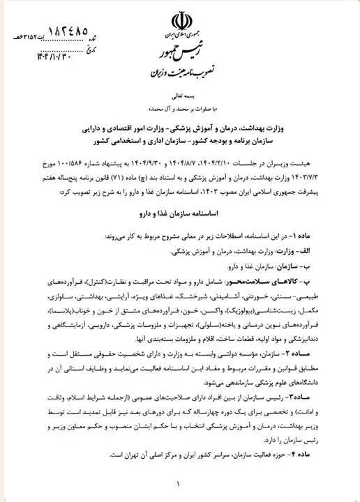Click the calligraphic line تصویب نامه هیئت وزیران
(x=180, y=72)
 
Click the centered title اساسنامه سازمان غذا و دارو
(x=180, y=208)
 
